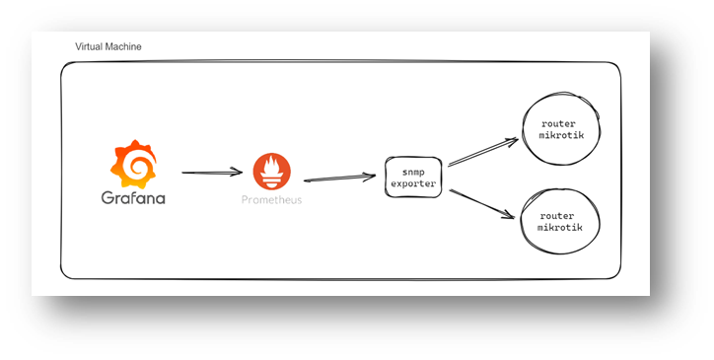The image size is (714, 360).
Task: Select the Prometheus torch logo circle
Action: tap(272, 172)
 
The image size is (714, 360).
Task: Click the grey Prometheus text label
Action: tap(272, 200)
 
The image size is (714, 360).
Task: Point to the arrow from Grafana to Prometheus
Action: tap(210, 173)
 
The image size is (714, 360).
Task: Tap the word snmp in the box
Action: tap(411, 171)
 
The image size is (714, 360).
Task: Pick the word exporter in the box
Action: tap(411, 183)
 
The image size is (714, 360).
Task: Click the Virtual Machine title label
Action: tap(108, 47)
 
